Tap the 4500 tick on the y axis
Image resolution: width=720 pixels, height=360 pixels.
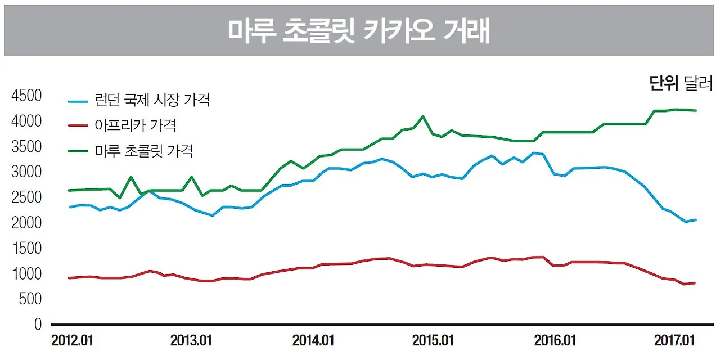(26, 96)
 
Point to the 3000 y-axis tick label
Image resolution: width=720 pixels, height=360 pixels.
(26, 172)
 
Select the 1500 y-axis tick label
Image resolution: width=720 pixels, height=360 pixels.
(26, 249)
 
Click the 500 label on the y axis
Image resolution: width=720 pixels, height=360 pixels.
(30, 299)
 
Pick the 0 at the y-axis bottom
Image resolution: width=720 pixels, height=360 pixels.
(38, 325)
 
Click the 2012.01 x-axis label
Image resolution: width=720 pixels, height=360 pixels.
(72, 341)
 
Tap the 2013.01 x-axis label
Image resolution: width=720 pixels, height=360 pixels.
(191, 341)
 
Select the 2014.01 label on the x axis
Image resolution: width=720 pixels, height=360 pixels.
(313, 341)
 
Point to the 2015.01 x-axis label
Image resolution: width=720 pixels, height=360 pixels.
(433, 341)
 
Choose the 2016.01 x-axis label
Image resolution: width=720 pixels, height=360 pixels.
(555, 341)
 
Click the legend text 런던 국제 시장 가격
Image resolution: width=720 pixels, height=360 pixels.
(152, 101)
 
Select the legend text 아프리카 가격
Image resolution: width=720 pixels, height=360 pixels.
(136, 126)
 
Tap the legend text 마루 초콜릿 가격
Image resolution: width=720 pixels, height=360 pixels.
(144, 151)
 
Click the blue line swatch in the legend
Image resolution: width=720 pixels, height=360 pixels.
(78, 102)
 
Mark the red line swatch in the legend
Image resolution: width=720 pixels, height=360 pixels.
(78, 127)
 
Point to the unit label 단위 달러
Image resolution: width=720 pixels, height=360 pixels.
(681, 85)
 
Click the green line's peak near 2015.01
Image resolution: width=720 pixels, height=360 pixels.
(423, 116)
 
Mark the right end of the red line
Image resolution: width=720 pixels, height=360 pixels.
(696, 283)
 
